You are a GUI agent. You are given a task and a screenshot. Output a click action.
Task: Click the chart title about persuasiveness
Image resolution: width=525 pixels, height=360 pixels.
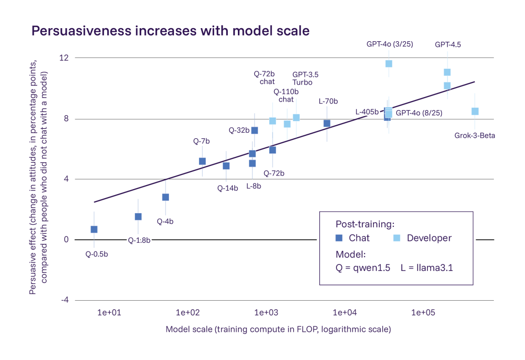coord(170,31)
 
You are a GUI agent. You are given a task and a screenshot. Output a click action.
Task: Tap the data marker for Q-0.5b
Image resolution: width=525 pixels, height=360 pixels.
coord(94,229)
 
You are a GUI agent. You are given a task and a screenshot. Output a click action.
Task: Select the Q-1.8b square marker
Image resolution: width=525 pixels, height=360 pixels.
coord(138,217)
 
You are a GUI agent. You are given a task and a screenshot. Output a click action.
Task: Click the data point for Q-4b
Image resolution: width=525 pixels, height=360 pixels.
coord(165,197)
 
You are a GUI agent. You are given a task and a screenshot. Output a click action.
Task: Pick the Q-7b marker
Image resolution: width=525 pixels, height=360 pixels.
coord(202,161)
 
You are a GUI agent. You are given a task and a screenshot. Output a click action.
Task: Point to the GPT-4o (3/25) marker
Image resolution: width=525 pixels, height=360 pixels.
coord(389,64)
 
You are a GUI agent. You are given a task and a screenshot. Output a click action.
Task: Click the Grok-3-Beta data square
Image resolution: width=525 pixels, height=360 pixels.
coord(475,111)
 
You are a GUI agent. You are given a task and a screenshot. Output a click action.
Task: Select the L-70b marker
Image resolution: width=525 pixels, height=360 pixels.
coord(327,123)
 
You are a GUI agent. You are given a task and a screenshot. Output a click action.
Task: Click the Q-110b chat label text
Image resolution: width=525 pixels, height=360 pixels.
coord(286,96)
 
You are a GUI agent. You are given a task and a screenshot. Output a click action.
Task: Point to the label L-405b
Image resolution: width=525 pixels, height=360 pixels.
coord(367,112)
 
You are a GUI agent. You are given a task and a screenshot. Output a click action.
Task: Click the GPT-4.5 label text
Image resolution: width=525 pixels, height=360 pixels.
coord(448,44)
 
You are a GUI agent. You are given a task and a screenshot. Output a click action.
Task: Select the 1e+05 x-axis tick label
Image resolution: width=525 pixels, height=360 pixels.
coord(423,313)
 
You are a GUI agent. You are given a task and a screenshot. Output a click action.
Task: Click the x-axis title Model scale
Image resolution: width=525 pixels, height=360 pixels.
coord(278,330)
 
